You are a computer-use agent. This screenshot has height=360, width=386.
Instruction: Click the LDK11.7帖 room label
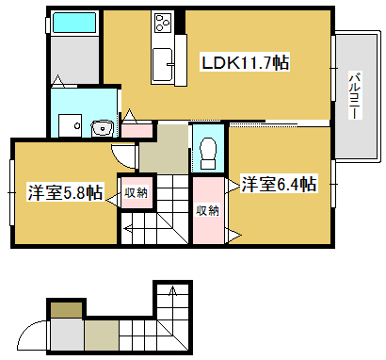coord(245,62)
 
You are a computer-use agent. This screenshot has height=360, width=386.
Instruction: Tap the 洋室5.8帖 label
coord(65,192)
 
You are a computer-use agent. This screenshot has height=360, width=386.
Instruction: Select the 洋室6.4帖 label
coord(279,184)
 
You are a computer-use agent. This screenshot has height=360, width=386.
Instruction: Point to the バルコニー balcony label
coord(356,95)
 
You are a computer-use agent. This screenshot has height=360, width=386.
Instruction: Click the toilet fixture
coord(208,153)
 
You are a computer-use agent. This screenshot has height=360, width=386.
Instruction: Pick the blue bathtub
coord(74,23)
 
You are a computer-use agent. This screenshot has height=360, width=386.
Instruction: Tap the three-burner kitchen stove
coord(162,22)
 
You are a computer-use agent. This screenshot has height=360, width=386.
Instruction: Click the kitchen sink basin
coord(163,64)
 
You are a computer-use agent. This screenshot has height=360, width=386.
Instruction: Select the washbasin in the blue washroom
coord(102,128)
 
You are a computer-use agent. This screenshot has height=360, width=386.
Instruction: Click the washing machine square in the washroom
coord(70,125)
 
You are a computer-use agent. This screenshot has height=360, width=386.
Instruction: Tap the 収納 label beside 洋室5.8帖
coord(136,193)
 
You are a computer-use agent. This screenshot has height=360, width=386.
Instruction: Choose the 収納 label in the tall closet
coord(207,210)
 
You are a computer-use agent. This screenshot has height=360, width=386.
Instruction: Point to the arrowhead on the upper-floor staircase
coord(126,229)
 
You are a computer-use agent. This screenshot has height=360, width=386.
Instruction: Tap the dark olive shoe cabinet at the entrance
coord(67,310)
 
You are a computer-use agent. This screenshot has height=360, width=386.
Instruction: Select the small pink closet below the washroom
coord(137,130)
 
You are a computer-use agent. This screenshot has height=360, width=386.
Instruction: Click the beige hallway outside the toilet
coord(164,149)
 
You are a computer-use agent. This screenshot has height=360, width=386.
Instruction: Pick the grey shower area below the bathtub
coord(74,59)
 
